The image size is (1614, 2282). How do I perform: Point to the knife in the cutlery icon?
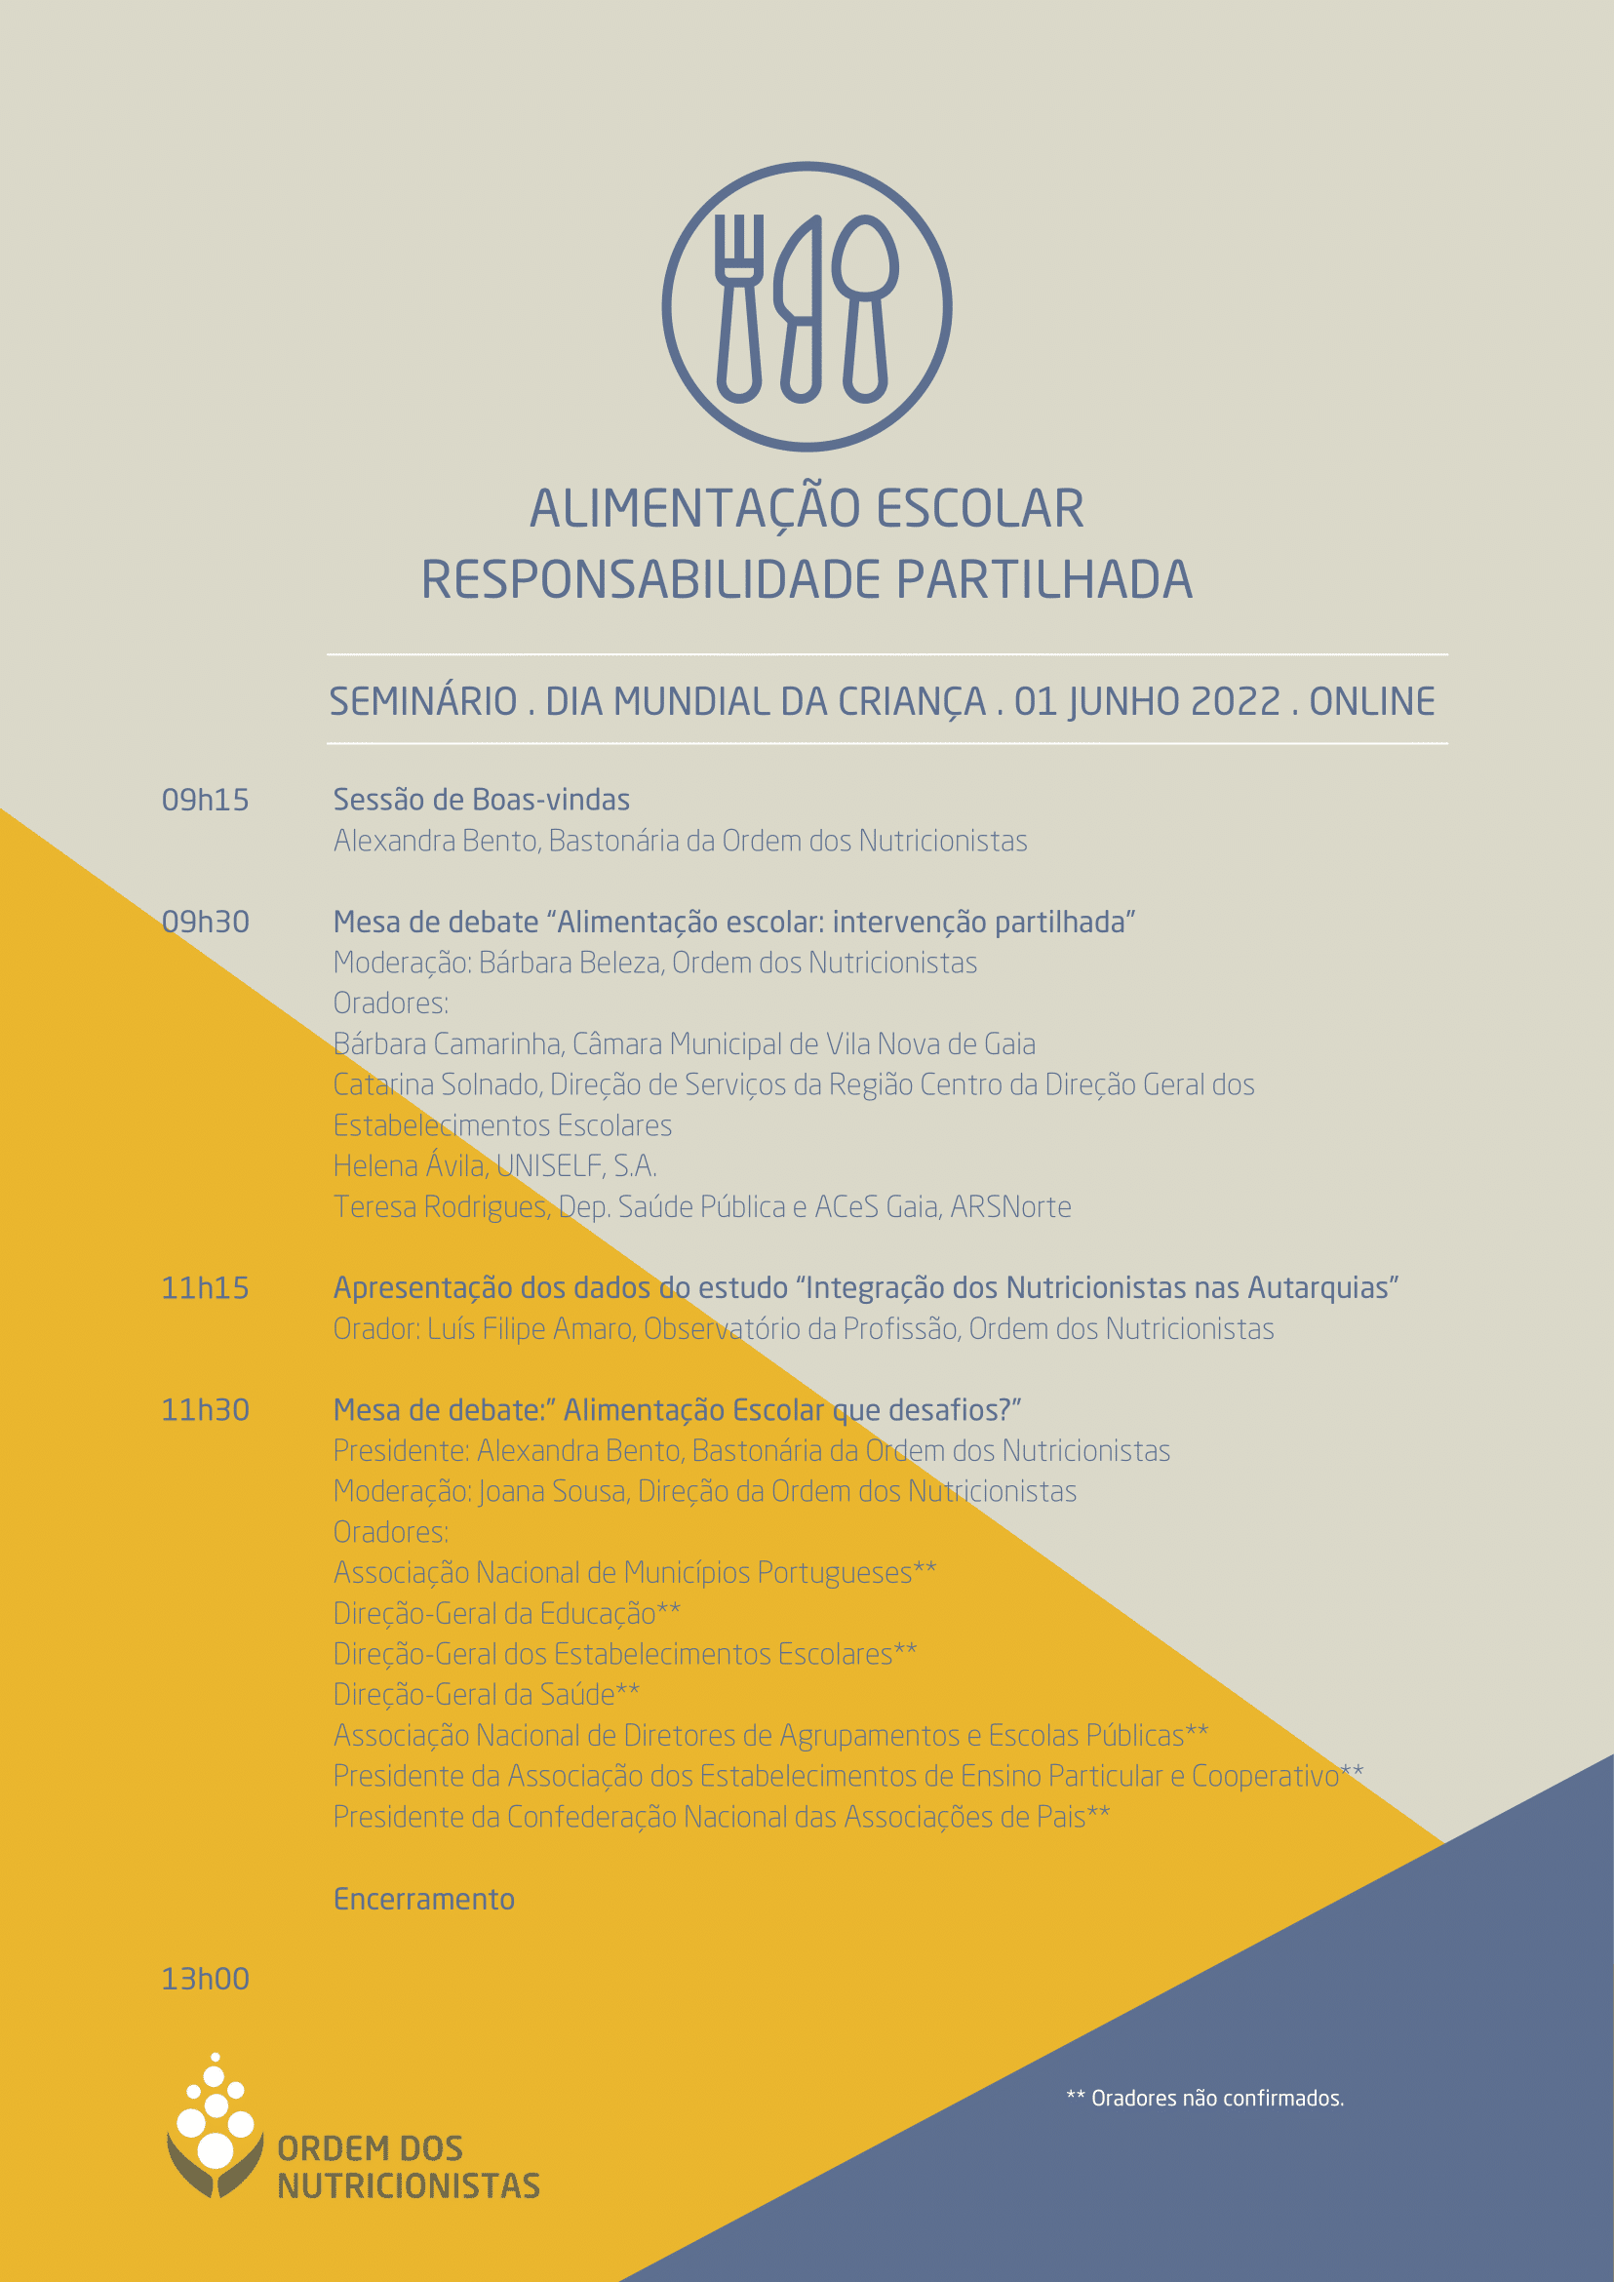pos(801,308)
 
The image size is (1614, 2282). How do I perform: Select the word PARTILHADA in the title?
pos(1043,580)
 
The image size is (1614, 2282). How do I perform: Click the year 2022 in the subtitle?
pos(1236,702)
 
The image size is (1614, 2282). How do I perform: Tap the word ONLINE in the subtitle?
pos(1371,702)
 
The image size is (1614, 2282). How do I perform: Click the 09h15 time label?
pos(205,800)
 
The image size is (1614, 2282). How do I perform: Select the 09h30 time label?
pos(205,923)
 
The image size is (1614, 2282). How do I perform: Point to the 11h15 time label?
pos(205,1288)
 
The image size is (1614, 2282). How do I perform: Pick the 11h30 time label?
pos(205,1410)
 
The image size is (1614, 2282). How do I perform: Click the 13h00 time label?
pos(205,1979)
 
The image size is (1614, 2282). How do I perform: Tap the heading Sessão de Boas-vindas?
pos(481,800)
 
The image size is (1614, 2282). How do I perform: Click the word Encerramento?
pos(423,1900)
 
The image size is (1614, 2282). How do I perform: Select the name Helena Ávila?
pos(410,1165)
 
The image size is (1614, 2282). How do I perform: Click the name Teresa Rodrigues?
pos(439,1206)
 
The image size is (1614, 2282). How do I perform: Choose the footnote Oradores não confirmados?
pos(1204,2098)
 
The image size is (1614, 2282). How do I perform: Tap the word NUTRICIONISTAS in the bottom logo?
pos(409,2186)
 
